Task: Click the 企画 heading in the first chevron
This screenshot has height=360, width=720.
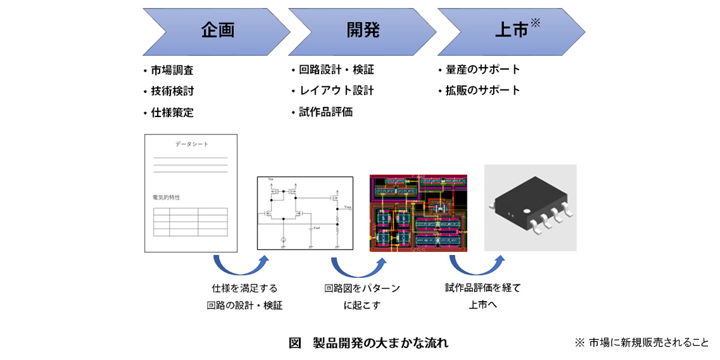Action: click(217, 31)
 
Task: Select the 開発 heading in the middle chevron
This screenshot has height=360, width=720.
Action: click(363, 31)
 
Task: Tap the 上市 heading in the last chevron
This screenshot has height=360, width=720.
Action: click(511, 31)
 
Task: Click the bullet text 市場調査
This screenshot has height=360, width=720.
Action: click(172, 70)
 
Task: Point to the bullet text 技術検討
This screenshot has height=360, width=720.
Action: click(172, 91)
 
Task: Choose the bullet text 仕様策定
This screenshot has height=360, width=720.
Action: click(172, 112)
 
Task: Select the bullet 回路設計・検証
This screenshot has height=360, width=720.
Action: click(336, 70)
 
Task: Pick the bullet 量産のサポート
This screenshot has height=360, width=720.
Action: click(483, 70)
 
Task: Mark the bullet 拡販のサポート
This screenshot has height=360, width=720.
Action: click(483, 91)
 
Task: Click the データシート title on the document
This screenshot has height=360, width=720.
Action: click(191, 145)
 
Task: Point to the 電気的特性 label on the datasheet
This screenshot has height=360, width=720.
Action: click(166, 197)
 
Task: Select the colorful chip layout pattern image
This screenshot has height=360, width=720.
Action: click(418, 212)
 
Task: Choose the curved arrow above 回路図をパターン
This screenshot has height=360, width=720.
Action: click(358, 265)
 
